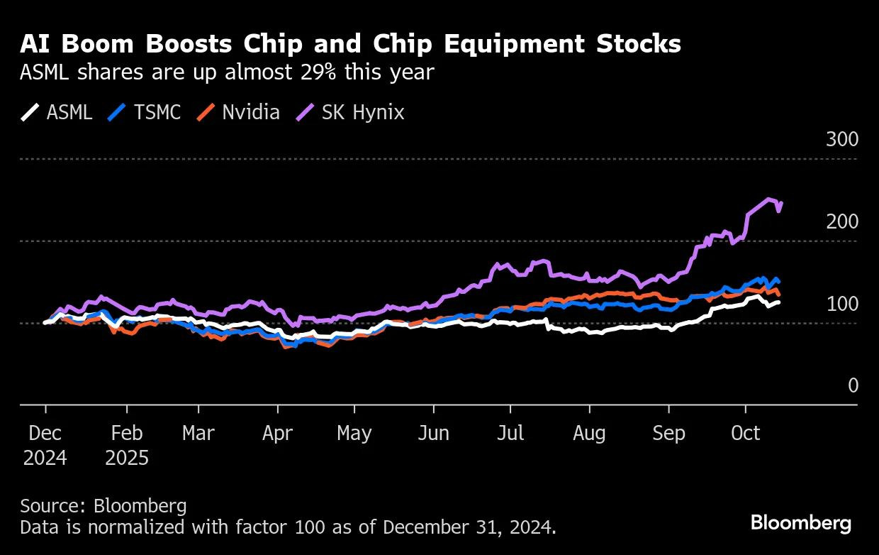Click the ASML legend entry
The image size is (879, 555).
point(57,112)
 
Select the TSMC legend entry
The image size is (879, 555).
point(144,112)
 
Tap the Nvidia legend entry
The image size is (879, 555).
point(238,112)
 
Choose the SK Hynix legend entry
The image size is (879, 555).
point(349,112)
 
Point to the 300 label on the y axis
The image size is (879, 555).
point(842,139)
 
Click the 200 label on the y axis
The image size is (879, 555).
point(842,222)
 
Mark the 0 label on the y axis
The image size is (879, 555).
point(853,385)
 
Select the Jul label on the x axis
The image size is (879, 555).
point(510,433)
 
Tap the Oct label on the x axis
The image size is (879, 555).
point(745,433)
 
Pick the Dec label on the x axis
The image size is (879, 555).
point(45,433)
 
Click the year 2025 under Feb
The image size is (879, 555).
point(127,458)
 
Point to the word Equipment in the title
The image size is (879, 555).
point(514,45)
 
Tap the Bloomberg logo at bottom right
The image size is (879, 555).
point(801,524)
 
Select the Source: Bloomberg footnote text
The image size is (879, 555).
point(103,506)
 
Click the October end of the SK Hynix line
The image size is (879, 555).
point(782,203)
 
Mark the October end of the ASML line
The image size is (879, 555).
point(778,302)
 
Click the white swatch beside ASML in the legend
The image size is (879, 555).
point(30,112)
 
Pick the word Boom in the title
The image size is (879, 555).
point(98,43)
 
